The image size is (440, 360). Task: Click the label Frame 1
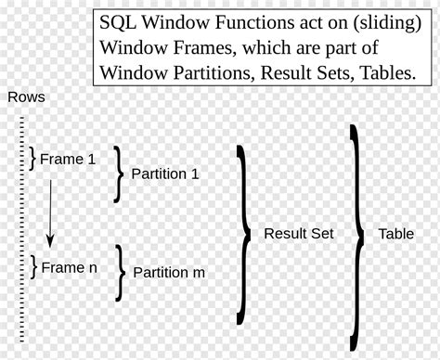click(x=68, y=160)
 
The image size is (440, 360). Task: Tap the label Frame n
click(x=69, y=267)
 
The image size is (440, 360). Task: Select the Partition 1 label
click(x=165, y=174)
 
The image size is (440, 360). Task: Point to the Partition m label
click(x=169, y=273)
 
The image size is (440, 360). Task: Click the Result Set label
click(x=299, y=234)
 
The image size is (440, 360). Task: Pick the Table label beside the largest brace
click(x=395, y=234)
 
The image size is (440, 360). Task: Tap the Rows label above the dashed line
click(x=26, y=97)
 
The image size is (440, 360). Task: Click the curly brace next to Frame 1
click(x=33, y=159)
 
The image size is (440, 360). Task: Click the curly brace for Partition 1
click(x=118, y=174)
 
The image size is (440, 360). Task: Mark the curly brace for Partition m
click(x=121, y=273)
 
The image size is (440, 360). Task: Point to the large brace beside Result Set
click(x=244, y=234)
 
